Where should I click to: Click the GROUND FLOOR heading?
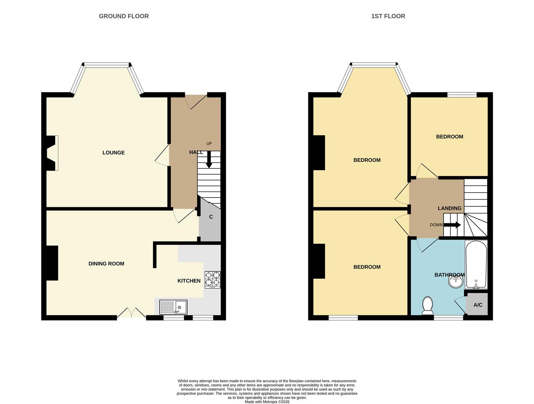click(123, 16)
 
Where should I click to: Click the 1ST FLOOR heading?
click(388, 16)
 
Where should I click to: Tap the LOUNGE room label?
click(113, 153)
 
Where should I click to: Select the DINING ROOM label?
click(106, 264)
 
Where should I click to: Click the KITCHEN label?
click(189, 281)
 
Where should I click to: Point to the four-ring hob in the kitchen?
click(212, 279)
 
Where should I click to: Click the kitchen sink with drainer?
click(173, 307)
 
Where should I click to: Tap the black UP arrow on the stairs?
click(209, 159)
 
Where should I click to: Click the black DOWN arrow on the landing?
click(452, 225)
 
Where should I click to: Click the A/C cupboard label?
click(478, 305)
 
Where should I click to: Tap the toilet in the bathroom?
click(427, 306)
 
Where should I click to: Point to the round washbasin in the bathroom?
click(455, 282)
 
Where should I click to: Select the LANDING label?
click(449, 208)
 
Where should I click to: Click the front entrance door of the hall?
click(196, 101)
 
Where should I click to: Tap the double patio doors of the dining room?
click(131, 313)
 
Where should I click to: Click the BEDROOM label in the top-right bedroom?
click(449, 137)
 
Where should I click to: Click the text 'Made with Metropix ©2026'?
click(267, 402)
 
